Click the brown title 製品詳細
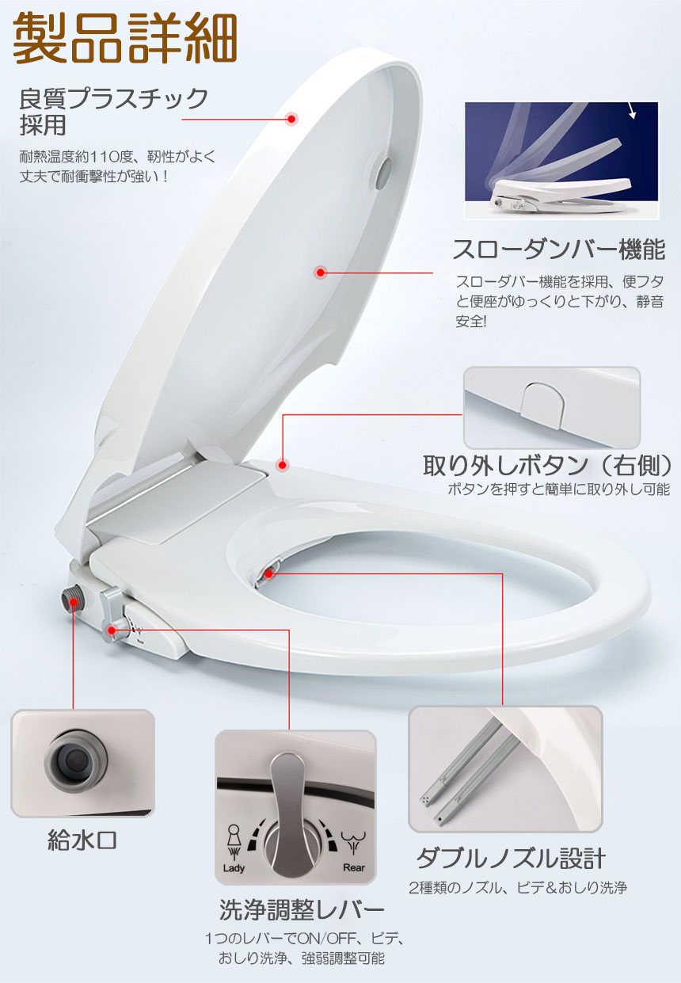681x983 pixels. point(125,39)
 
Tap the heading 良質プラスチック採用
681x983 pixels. point(113,112)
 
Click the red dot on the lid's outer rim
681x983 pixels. point(291,119)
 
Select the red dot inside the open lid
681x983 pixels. point(321,272)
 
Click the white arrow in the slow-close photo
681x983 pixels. point(631,111)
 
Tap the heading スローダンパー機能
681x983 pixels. point(558,250)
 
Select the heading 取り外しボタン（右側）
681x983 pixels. point(547,465)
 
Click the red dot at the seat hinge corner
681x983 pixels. point(283,465)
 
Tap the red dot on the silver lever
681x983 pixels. point(112,631)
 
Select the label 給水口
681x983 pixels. point(82,840)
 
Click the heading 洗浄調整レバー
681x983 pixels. point(302,909)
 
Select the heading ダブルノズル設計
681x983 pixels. point(512,859)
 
